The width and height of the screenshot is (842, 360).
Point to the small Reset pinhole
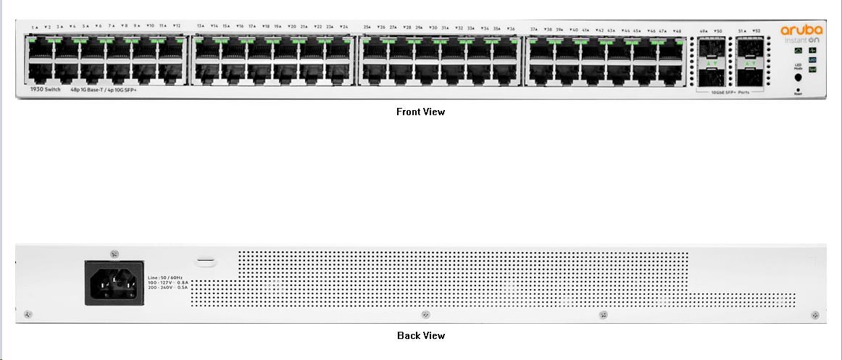[798, 89]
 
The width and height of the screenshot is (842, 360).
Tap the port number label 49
[703, 31]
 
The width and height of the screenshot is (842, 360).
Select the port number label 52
[756, 31]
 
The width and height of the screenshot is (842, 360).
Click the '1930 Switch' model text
[46, 89]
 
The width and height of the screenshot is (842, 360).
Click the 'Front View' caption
[420, 112]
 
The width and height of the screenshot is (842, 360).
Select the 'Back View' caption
[421, 335]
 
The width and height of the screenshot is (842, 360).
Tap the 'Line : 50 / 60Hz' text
[164, 277]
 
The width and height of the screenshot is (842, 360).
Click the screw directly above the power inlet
[114, 254]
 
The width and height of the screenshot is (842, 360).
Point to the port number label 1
[34, 27]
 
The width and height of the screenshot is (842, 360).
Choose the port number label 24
[344, 27]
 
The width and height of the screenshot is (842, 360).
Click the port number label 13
[200, 26]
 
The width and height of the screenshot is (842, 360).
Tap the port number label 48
[677, 31]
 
